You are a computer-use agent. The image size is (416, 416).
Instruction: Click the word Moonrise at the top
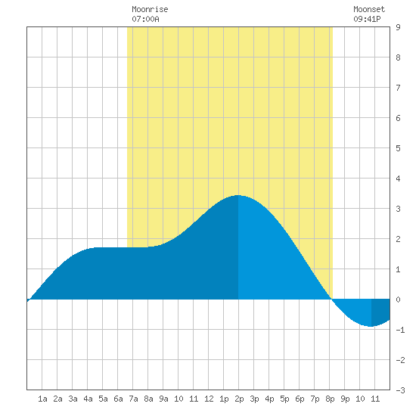click(x=150, y=9)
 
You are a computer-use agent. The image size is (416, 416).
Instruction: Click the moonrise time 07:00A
click(x=145, y=19)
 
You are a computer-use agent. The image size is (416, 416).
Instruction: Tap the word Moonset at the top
click(x=369, y=9)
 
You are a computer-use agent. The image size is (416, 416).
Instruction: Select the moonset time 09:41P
click(x=367, y=19)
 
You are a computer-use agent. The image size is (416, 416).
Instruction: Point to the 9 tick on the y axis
click(x=398, y=27)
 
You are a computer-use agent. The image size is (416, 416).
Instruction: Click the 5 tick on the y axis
click(x=398, y=148)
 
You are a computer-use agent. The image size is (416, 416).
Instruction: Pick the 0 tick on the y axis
click(x=398, y=300)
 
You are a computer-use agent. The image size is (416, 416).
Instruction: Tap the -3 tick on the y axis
click(x=400, y=390)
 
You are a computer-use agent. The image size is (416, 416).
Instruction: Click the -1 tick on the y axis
click(x=400, y=330)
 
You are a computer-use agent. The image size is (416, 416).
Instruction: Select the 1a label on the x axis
click(x=42, y=399)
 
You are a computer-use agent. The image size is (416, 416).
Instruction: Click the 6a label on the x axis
click(x=118, y=399)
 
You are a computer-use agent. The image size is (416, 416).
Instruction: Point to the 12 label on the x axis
click(x=209, y=399)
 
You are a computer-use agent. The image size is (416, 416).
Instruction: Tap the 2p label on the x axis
click(x=239, y=399)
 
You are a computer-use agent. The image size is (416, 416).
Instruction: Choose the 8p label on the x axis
click(x=330, y=399)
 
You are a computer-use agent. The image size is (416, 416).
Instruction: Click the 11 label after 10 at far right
click(x=375, y=399)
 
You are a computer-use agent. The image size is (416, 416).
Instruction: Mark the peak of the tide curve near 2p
click(x=238, y=196)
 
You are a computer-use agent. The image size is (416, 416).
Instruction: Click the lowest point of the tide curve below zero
click(x=371, y=326)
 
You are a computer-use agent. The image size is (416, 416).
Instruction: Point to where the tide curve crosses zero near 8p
click(x=331, y=299)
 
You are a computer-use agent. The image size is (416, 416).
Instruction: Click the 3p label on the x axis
click(x=254, y=399)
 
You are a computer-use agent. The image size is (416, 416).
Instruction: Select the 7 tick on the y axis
click(x=398, y=88)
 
